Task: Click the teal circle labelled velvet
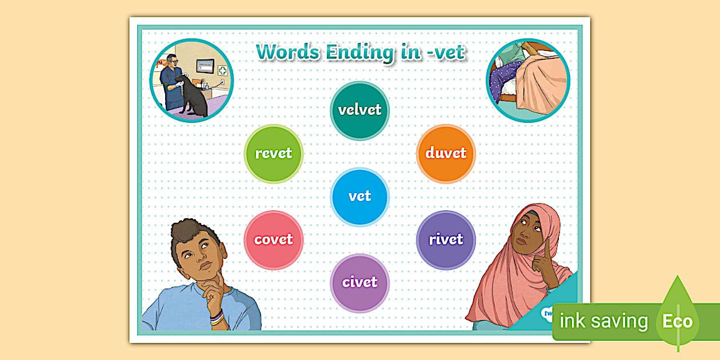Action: click(x=359, y=111)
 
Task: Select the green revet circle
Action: click(x=274, y=154)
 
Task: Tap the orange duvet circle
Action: click(x=446, y=154)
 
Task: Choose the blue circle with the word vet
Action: click(x=359, y=197)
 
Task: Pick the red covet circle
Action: click(x=274, y=240)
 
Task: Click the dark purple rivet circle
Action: click(x=446, y=240)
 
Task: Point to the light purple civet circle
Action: click(x=359, y=283)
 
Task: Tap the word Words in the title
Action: click(x=287, y=51)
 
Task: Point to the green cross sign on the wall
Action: click(x=222, y=70)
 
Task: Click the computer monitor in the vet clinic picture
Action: click(x=205, y=66)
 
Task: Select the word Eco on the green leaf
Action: click(x=677, y=321)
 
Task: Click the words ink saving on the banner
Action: click(x=603, y=321)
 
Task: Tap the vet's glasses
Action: click(x=174, y=61)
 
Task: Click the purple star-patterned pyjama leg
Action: click(x=504, y=81)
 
